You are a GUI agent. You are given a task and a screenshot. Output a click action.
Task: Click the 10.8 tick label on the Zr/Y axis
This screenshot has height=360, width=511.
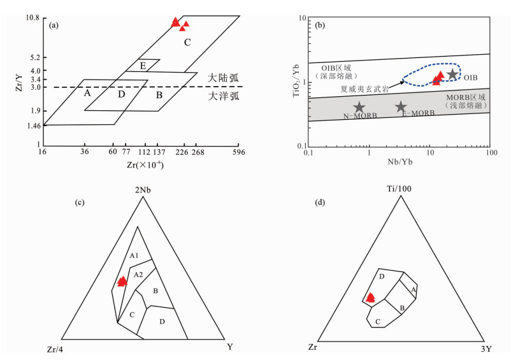(x=32, y=18)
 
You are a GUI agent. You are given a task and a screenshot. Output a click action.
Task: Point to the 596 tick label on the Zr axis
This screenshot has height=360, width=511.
(x=239, y=152)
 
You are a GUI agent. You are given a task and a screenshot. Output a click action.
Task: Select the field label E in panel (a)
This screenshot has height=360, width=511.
(x=143, y=66)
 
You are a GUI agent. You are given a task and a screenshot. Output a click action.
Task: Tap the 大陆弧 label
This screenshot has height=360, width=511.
(x=223, y=78)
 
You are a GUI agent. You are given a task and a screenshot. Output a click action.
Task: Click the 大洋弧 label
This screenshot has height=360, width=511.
(x=224, y=96)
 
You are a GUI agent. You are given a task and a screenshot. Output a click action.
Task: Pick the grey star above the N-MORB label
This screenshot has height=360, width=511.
(x=359, y=107)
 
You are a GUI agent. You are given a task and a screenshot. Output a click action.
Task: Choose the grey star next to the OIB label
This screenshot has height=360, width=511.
(x=452, y=74)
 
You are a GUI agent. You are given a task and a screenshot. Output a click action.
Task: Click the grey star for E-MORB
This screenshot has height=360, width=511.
(x=401, y=106)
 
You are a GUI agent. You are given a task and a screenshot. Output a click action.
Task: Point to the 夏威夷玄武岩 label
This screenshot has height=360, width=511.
(x=364, y=89)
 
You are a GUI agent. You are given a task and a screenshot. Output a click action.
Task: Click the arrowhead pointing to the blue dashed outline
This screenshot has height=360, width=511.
(x=403, y=82)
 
